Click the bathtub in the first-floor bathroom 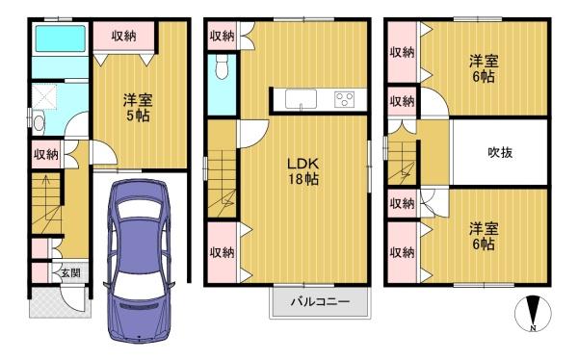[x=61, y=39]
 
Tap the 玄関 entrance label [x=70, y=273]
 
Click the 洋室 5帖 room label [x=138, y=108]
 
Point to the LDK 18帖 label [x=303, y=171]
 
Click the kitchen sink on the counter [x=302, y=99]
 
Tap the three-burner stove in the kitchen [x=344, y=99]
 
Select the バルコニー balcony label [x=320, y=302]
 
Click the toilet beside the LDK [x=222, y=67]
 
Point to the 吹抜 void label [x=500, y=152]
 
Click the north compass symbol [x=533, y=313]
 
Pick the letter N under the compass [x=533, y=328]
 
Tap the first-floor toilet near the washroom [x=39, y=123]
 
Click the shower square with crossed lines [x=44, y=97]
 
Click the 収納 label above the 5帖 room [x=124, y=36]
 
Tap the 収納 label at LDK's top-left [x=222, y=36]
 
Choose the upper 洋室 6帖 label [x=484, y=68]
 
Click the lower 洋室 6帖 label [x=484, y=236]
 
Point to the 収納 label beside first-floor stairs [x=46, y=154]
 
